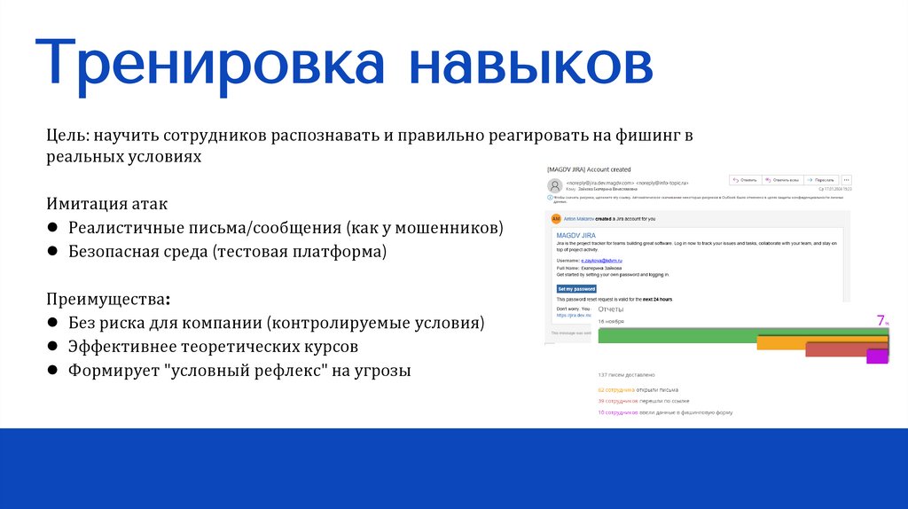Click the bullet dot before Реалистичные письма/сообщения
point(53,229)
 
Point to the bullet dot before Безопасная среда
point(53,253)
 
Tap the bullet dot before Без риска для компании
point(53,322)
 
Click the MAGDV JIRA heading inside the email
point(578,232)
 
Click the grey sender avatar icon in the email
point(555,185)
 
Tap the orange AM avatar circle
point(556,218)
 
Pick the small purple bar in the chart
point(877,356)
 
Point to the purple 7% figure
point(882,321)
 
